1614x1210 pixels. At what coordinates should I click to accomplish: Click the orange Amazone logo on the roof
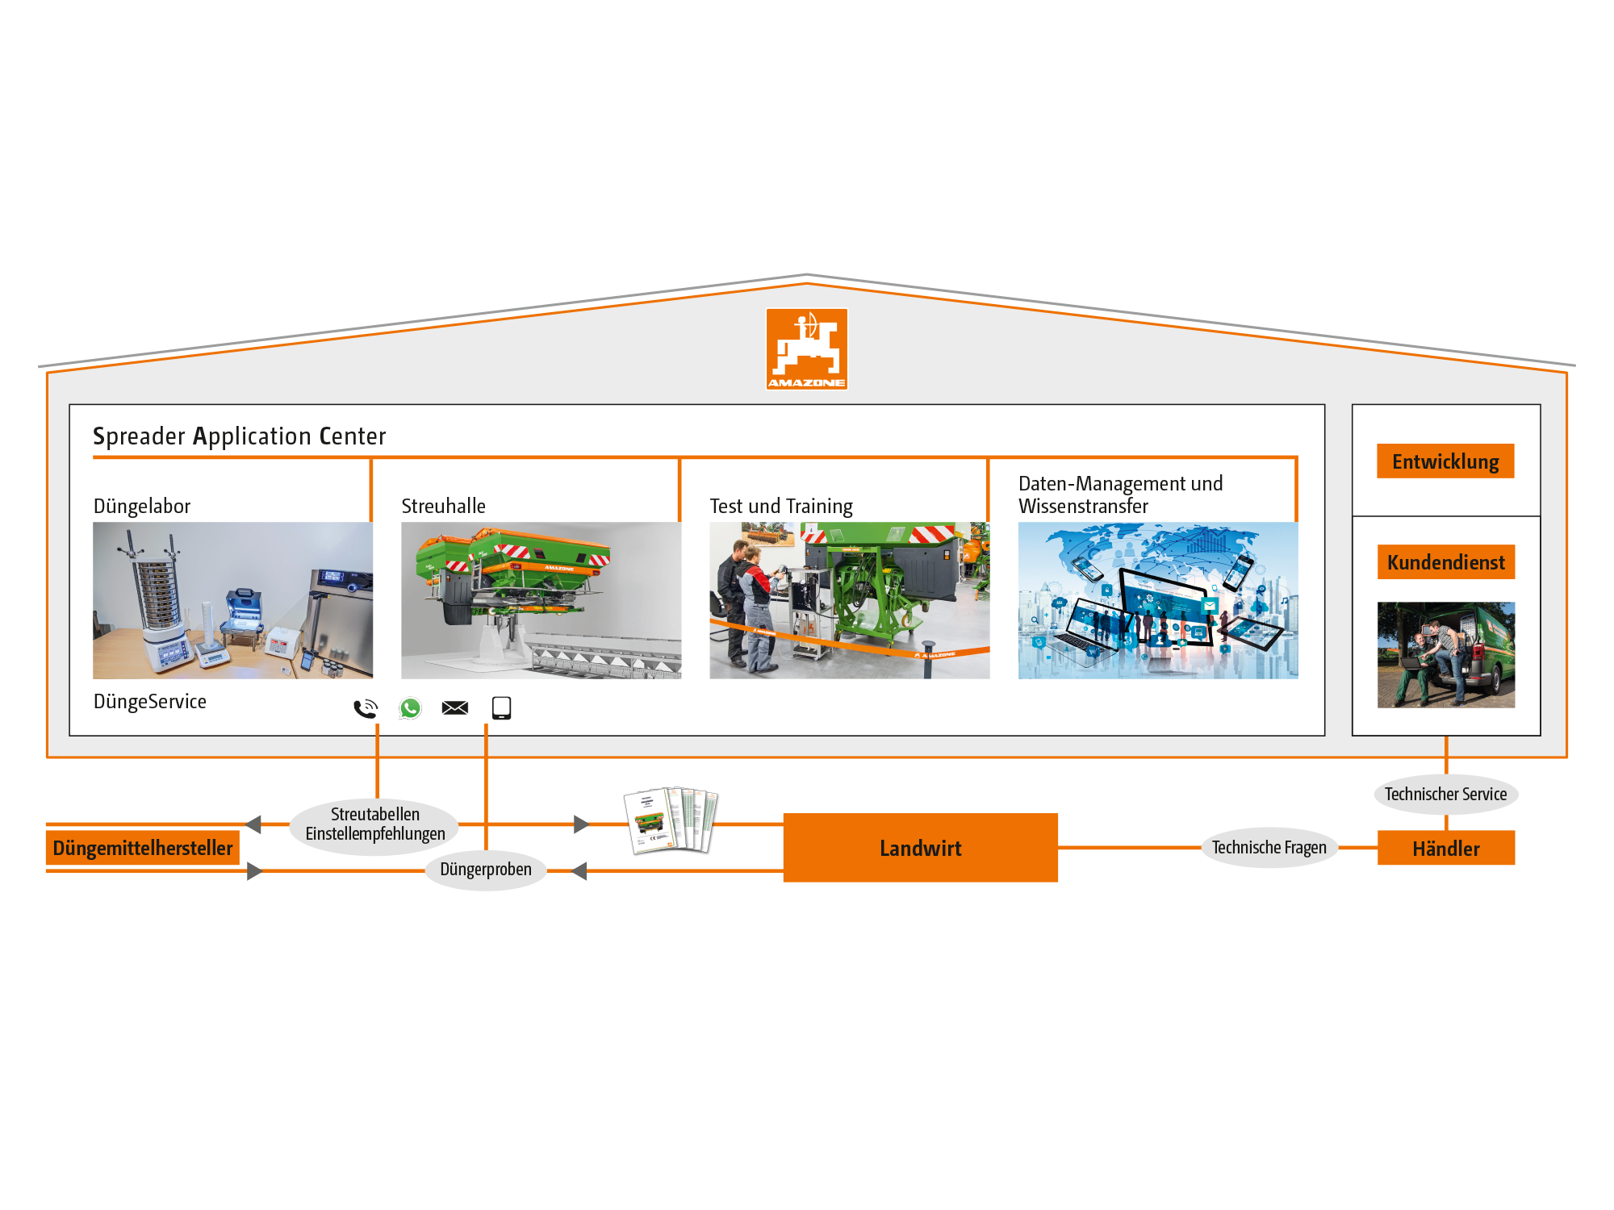[x=806, y=348]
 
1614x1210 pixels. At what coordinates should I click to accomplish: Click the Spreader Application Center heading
[x=240, y=436]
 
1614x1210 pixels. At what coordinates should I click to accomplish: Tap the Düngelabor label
[x=142, y=507]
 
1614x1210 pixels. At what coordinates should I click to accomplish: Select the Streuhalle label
[x=443, y=507]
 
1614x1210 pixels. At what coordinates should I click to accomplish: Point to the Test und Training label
[x=780, y=507]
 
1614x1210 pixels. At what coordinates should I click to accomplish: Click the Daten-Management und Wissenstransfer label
[x=1119, y=494]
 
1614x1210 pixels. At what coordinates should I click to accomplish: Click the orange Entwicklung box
[x=1445, y=461]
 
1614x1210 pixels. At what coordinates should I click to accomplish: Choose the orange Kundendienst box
[x=1445, y=562]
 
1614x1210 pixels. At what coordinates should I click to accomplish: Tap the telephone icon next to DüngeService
[x=366, y=708]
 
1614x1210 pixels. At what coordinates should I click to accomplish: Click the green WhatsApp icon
[x=410, y=708]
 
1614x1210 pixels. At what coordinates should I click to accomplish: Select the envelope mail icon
[x=455, y=707]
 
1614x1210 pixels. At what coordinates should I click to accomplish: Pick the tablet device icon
[x=501, y=707]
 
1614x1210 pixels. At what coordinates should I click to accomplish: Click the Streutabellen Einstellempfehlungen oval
[x=374, y=824]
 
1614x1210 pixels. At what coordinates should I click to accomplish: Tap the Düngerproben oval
[x=486, y=870]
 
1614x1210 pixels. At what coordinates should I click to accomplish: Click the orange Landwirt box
[x=920, y=848]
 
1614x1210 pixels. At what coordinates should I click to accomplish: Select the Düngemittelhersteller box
[x=143, y=848]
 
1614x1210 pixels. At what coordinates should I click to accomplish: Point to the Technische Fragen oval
[x=1269, y=848]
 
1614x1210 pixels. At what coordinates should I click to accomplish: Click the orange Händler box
[x=1445, y=849]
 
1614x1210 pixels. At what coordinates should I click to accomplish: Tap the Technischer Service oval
[x=1445, y=795]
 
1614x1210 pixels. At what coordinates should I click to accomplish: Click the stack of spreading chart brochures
[x=671, y=820]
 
